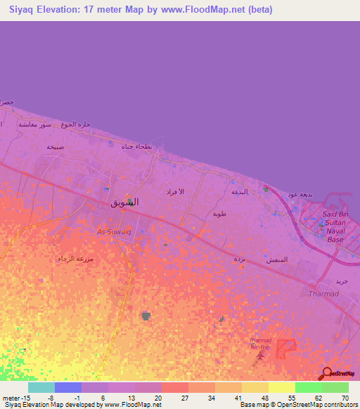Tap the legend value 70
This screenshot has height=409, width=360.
345,398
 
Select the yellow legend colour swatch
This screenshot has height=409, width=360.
281,387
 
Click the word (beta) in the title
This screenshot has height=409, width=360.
256,9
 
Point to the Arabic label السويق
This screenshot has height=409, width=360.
125,202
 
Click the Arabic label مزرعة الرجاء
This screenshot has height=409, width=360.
73,258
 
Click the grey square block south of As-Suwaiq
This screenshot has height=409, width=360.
146,316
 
